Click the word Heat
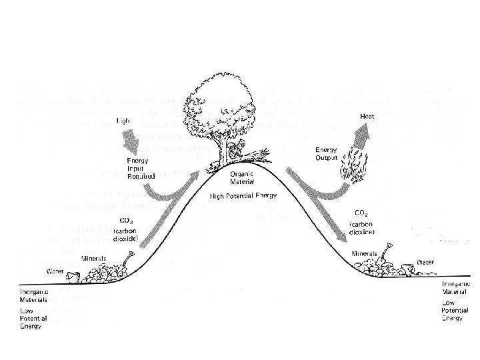tap(367, 117)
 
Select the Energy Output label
tap(326, 153)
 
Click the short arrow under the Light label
tap(127, 141)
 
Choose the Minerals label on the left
tap(93, 258)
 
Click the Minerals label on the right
tap(364, 254)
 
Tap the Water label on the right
tap(425, 262)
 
